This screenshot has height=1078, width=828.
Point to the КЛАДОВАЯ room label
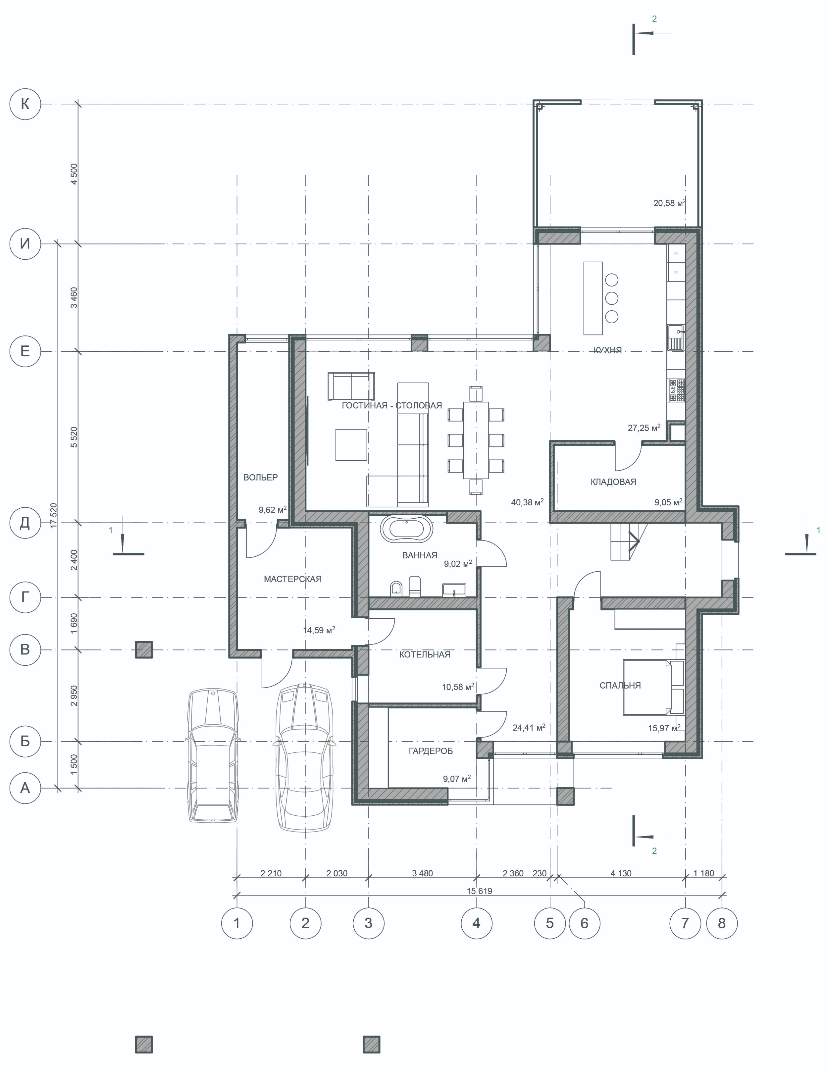pos(613,482)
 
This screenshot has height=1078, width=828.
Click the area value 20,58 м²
pos(669,202)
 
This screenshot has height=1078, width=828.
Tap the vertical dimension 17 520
pos(53,515)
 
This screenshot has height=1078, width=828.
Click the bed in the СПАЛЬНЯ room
pos(653,687)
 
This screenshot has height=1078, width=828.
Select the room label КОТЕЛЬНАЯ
pos(425,654)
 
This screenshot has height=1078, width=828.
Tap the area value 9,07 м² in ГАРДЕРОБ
pos(457,779)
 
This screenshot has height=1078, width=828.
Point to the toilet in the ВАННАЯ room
pos(415,586)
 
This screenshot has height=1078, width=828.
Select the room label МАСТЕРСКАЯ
pos(293,579)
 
